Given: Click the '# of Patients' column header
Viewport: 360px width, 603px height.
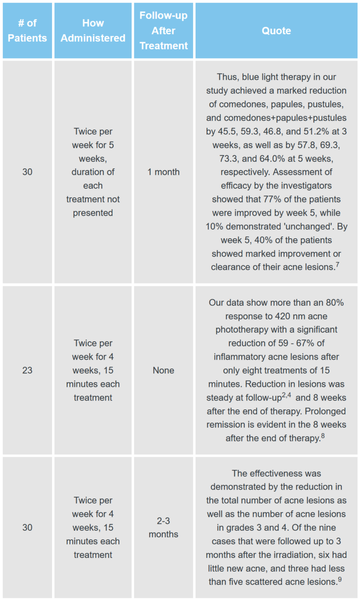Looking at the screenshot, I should [x=27, y=30].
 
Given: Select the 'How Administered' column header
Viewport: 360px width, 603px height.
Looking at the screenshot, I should [x=93, y=30].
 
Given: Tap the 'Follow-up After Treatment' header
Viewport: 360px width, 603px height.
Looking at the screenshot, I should [x=163, y=30].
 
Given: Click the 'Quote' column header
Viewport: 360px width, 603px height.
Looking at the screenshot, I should [x=276, y=30].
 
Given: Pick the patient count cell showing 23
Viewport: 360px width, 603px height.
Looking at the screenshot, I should [x=27, y=370].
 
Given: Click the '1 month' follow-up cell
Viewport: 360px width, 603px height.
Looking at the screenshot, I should [x=163, y=172].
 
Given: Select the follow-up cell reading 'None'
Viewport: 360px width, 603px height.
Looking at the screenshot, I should [x=163, y=370].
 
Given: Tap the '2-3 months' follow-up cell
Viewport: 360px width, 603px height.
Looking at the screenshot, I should [x=163, y=528].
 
